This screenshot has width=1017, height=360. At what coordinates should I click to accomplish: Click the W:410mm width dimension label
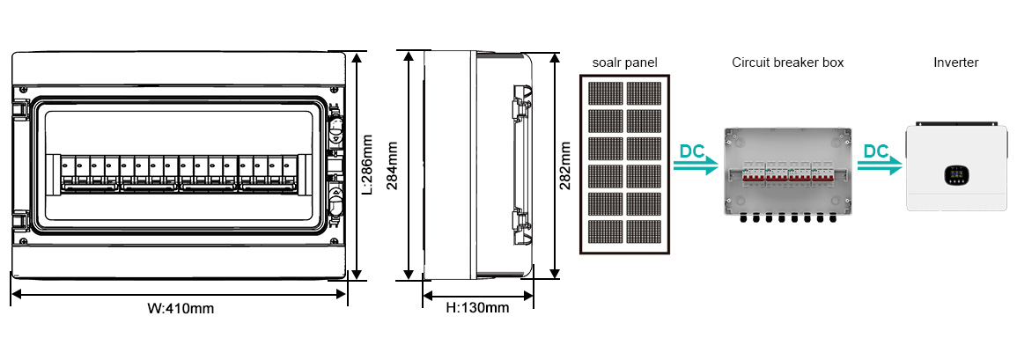coord(180,308)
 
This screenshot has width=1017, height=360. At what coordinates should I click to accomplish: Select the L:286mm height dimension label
coord(368,165)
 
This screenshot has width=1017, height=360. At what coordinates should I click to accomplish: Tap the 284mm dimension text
coord(394,165)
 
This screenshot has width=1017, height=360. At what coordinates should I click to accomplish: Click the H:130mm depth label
coord(476,308)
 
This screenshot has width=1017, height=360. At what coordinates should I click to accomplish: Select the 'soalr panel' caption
coord(624,62)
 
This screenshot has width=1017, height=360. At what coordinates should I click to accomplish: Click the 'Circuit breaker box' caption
coord(787,62)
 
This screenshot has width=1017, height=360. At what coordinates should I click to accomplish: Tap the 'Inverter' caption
coord(955,62)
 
